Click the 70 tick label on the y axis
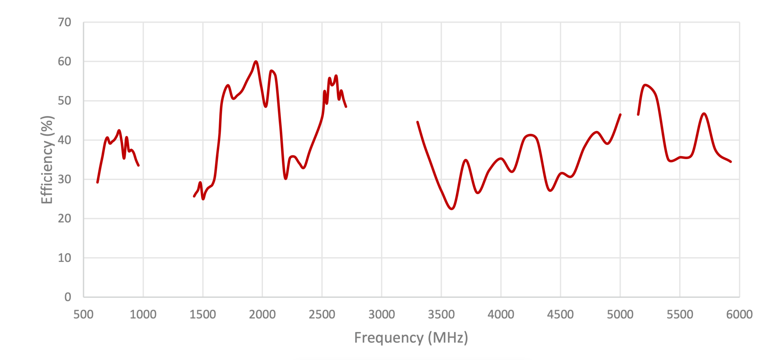(x=64, y=22)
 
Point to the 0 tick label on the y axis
(x=68, y=297)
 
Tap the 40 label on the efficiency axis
(x=64, y=140)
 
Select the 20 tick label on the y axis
(x=64, y=219)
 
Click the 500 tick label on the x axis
(x=83, y=314)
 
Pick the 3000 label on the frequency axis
(x=381, y=314)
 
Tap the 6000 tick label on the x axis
(x=739, y=314)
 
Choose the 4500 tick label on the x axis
(x=560, y=314)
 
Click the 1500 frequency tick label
(x=203, y=314)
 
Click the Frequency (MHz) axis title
(x=411, y=338)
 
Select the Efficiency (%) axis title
(x=47, y=160)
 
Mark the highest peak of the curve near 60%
(x=256, y=62)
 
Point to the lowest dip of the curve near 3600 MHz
(x=452, y=209)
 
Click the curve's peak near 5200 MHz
(x=645, y=85)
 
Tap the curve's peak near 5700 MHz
(x=704, y=114)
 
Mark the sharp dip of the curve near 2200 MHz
(x=285, y=179)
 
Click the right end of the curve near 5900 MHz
(x=731, y=162)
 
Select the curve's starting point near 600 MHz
(x=97, y=182)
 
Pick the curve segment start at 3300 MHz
(x=417, y=122)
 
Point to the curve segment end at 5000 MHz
(x=620, y=115)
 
